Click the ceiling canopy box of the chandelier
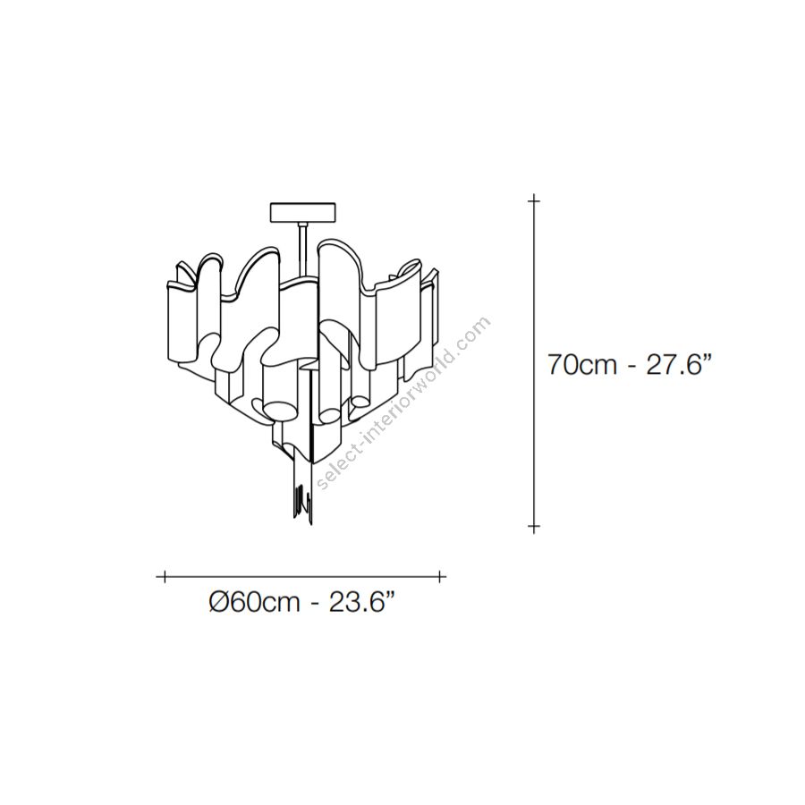(302, 212)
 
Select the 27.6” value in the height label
(678, 365)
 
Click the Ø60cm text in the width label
(254, 602)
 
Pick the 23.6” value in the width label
(362, 602)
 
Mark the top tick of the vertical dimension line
(534, 200)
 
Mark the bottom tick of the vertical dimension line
(534, 526)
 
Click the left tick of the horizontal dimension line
(165, 577)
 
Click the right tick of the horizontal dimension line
(440, 577)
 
